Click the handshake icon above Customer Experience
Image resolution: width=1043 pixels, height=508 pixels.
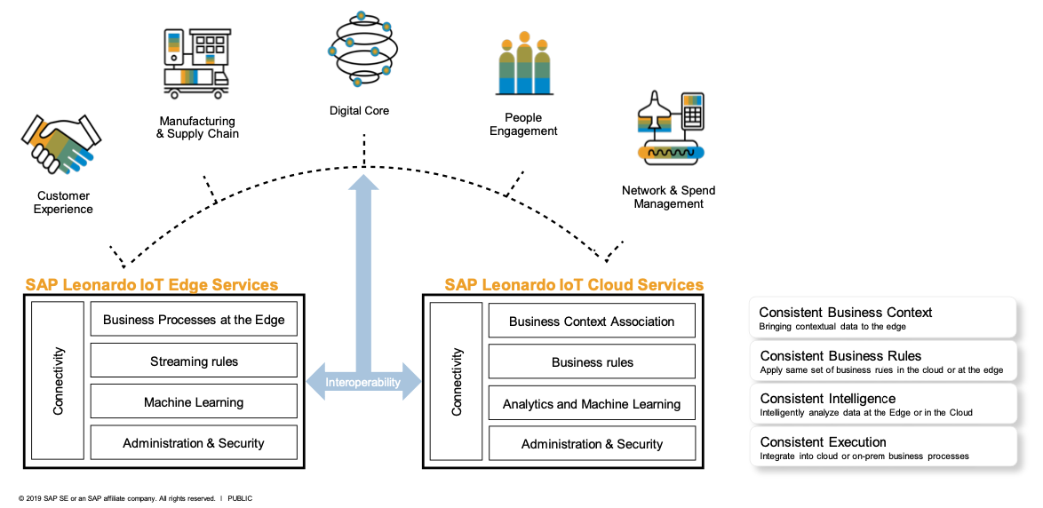(58, 143)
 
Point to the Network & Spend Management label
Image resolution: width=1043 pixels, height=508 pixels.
(668, 197)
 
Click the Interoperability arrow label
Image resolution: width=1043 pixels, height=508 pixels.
(362, 383)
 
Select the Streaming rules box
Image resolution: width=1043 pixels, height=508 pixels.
(194, 361)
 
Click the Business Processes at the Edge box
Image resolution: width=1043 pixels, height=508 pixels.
(194, 320)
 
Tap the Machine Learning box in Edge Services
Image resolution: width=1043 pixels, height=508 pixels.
(194, 402)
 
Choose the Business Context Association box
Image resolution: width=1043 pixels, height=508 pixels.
(592, 321)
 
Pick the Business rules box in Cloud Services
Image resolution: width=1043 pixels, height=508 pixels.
(592, 362)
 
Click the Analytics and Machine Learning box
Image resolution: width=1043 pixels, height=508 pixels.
(592, 404)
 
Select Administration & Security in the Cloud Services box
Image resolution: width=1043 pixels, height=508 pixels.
(592, 444)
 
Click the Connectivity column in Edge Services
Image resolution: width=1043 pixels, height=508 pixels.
(59, 381)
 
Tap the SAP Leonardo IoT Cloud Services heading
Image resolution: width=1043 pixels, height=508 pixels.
(574, 285)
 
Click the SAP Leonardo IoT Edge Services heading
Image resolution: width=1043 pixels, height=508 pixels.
(151, 285)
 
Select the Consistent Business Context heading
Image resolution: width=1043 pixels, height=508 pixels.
(846, 313)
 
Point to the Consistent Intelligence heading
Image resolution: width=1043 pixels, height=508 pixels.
(827, 399)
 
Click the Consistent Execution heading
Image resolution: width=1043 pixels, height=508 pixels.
(823, 442)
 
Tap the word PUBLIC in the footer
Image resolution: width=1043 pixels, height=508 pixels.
(240, 498)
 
